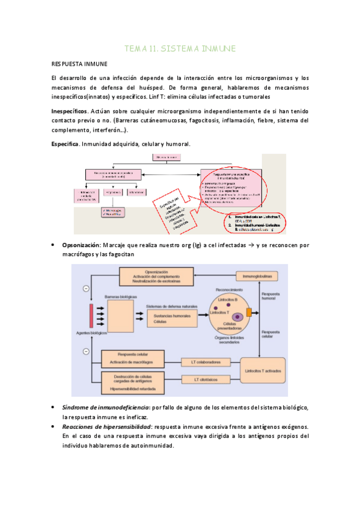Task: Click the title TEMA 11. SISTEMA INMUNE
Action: [180, 48]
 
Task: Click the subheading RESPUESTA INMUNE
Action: [80, 63]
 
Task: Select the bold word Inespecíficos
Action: [69, 111]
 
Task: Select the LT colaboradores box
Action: [206, 362]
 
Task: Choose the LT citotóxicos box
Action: [206, 380]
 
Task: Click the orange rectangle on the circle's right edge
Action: [248, 313]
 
